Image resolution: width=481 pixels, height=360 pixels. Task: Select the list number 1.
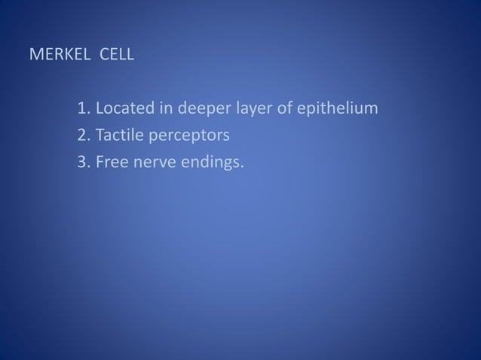[83, 109]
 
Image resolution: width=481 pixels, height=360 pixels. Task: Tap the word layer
[250, 110]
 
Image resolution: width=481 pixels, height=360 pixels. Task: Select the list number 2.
[83, 136]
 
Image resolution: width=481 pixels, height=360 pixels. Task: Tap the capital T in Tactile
[99, 136]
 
